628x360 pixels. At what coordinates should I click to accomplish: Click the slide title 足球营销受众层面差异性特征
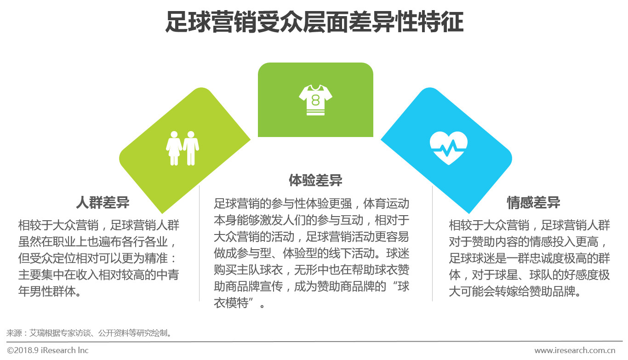point(314,23)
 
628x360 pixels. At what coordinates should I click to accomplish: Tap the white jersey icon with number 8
point(315,99)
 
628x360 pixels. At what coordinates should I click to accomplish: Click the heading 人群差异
point(103,203)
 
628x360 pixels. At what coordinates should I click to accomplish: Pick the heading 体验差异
point(315,180)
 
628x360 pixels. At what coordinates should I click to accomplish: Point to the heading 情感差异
point(533,203)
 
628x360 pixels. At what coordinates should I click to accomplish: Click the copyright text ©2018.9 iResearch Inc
point(48,350)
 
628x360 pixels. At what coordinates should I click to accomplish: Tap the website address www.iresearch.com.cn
point(575,350)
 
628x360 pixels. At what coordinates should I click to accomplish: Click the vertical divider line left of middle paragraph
point(199,244)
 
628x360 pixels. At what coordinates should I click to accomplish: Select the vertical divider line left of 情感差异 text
point(432,244)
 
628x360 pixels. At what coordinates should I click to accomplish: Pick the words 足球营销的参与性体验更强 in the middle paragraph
point(283,204)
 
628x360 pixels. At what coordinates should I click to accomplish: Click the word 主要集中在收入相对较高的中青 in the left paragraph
point(98,275)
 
